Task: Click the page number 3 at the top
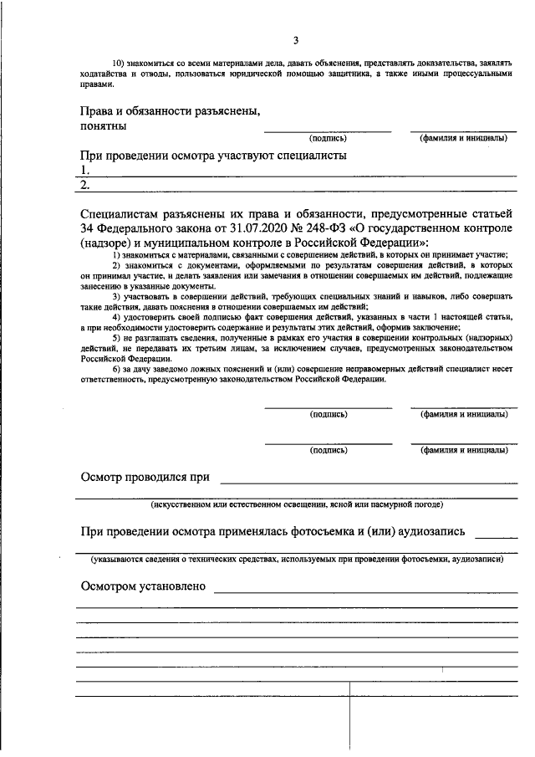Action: (296, 40)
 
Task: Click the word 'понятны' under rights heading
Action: (104, 126)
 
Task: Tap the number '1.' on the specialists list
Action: (84, 170)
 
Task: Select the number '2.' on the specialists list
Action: (85, 185)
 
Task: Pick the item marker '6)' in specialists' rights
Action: (117, 369)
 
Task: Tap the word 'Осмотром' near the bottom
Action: (111, 586)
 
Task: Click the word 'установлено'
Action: (176, 586)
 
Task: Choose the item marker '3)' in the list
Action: (117, 297)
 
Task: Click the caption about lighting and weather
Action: (297, 505)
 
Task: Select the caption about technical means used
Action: (297, 559)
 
